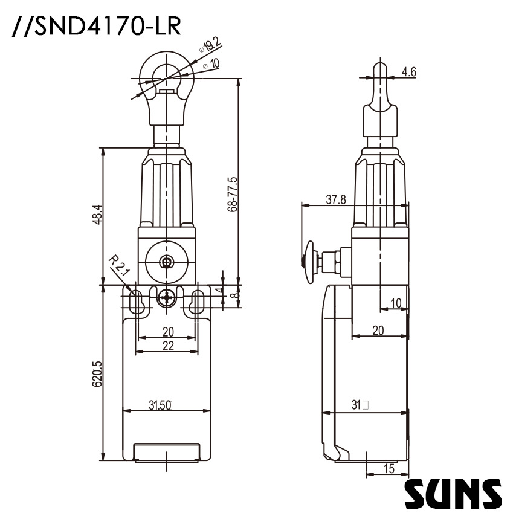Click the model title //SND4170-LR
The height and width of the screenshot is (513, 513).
pyautogui.click(x=95, y=27)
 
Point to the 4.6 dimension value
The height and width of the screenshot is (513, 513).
pyautogui.click(x=409, y=72)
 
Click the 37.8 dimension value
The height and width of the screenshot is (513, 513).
pyautogui.click(x=335, y=200)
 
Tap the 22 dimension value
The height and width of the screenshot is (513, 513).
pyautogui.click(x=167, y=345)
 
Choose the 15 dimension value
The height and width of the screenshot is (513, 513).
pyautogui.click(x=388, y=468)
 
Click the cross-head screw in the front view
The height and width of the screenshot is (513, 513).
pyautogui.click(x=167, y=298)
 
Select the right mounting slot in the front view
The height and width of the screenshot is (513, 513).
pyautogui.click(x=196, y=302)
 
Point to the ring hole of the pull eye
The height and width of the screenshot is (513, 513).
pyautogui.click(x=164, y=76)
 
